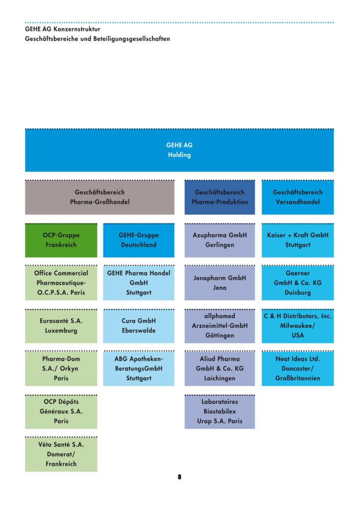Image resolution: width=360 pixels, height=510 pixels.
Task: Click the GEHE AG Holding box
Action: click(179, 150)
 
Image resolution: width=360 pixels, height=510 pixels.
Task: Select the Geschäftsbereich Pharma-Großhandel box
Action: click(100, 197)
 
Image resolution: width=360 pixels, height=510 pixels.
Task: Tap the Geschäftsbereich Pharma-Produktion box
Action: click(220, 197)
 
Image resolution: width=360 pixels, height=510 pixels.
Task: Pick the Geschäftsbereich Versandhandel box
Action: click(298, 197)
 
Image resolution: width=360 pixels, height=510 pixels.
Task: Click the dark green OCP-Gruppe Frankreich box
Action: click(61, 240)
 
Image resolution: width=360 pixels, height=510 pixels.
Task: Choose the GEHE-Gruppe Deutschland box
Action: click(138, 240)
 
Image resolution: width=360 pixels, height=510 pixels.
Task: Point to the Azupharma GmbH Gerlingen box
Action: click(220, 240)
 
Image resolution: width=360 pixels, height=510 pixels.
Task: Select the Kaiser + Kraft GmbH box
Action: click(298, 240)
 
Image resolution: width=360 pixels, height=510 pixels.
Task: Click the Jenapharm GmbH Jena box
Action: click(220, 283)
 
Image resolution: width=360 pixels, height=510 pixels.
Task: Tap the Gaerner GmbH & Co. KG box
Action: click(298, 283)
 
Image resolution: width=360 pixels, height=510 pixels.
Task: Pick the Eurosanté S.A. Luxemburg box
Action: click(61, 326)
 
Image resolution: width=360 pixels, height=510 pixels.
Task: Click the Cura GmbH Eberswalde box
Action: click(138, 326)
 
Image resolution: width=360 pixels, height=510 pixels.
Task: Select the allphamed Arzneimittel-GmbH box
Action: click(220, 326)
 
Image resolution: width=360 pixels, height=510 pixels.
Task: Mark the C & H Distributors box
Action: click(298, 326)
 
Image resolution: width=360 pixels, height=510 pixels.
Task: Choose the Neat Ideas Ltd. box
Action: click(298, 369)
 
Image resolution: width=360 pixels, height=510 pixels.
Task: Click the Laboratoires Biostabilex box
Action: click(220, 411)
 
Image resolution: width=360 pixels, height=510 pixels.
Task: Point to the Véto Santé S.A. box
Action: click(61, 454)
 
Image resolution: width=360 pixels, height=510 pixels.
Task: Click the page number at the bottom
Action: click(179, 477)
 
